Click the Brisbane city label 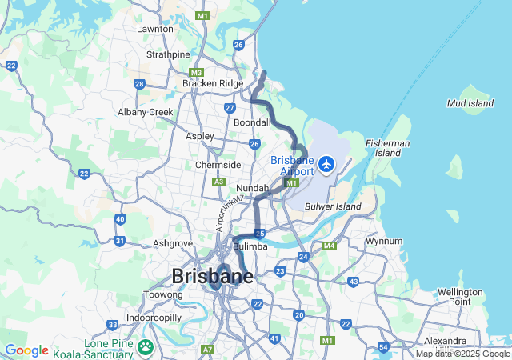(x=212, y=277)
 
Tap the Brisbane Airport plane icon (x=326, y=164)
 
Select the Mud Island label (x=470, y=103)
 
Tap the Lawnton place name (x=155, y=29)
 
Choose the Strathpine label (x=168, y=54)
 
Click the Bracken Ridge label (x=212, y=83)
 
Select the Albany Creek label (x=146, y=112)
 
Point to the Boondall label (x=252, y=122)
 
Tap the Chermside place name (x=218, y=165)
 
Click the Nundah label (x=252, y=188)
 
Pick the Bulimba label (x=250, y=246)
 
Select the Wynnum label (x=383, y=241)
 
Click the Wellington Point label (x=460, y=297)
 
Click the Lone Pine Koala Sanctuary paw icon (x=145, y=346)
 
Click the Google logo (x=26, y=350)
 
